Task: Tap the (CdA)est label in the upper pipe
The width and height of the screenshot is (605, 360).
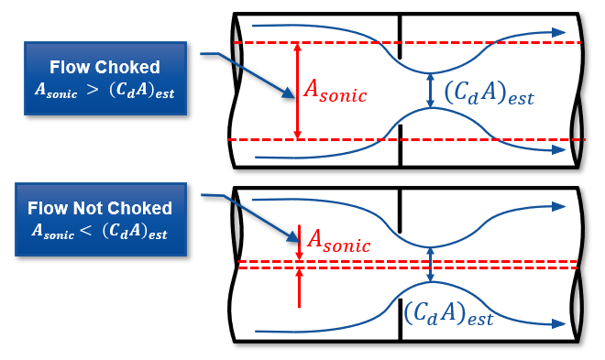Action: pyautogui.click(x=488, y=92)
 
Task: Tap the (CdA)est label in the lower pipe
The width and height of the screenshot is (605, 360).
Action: pyautogui.click(x=448, y=315)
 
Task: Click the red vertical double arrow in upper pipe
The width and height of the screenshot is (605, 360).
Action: pyautogui.click(x=297, y=91)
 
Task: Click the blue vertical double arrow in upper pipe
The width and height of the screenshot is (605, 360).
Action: pyautogui.click(x=431, y=91)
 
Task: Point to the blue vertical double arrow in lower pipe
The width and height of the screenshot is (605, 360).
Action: pyautogui.click(x=431, y=265)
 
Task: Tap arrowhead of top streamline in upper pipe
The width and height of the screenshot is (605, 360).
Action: pyautogui.click(x=559, y=32)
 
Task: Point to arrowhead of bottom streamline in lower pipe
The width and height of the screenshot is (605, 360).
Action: pyautogui.click(x=559, y=323)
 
